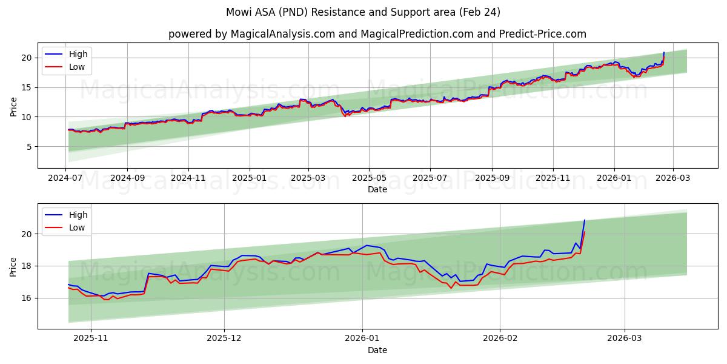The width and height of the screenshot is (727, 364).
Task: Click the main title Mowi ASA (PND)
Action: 363,12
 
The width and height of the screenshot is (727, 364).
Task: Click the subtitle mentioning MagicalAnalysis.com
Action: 377,34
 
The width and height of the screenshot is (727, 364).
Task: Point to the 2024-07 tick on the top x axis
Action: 65,179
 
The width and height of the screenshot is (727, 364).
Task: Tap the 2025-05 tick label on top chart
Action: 368,179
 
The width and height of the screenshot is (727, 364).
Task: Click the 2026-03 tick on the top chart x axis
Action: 673,179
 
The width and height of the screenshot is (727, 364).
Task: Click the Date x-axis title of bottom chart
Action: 377,350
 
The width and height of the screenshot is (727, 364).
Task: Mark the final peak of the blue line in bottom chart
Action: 585,220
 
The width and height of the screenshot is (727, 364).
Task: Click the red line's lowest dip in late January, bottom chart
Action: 451,288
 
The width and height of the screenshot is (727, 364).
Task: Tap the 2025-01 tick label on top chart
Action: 250,179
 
